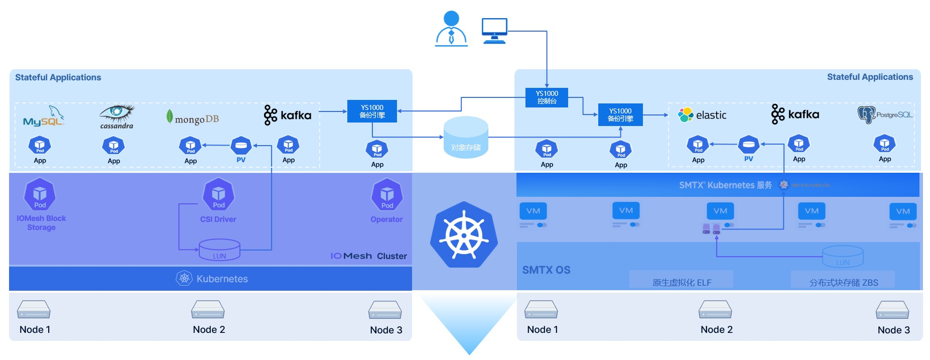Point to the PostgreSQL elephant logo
click(866, 114)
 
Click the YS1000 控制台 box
click(547, 97)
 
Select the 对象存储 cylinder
click(466, 138)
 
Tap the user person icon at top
click(451, 29)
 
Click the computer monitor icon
click(494, 31)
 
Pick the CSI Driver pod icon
click(218, 194)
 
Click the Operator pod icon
click(387, 195)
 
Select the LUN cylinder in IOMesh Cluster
click(219, 250)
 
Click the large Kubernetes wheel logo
click(464, 234)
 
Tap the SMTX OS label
click(546, 270)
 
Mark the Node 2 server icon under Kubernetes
click(208, 310)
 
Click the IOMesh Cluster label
click(368, 256)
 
